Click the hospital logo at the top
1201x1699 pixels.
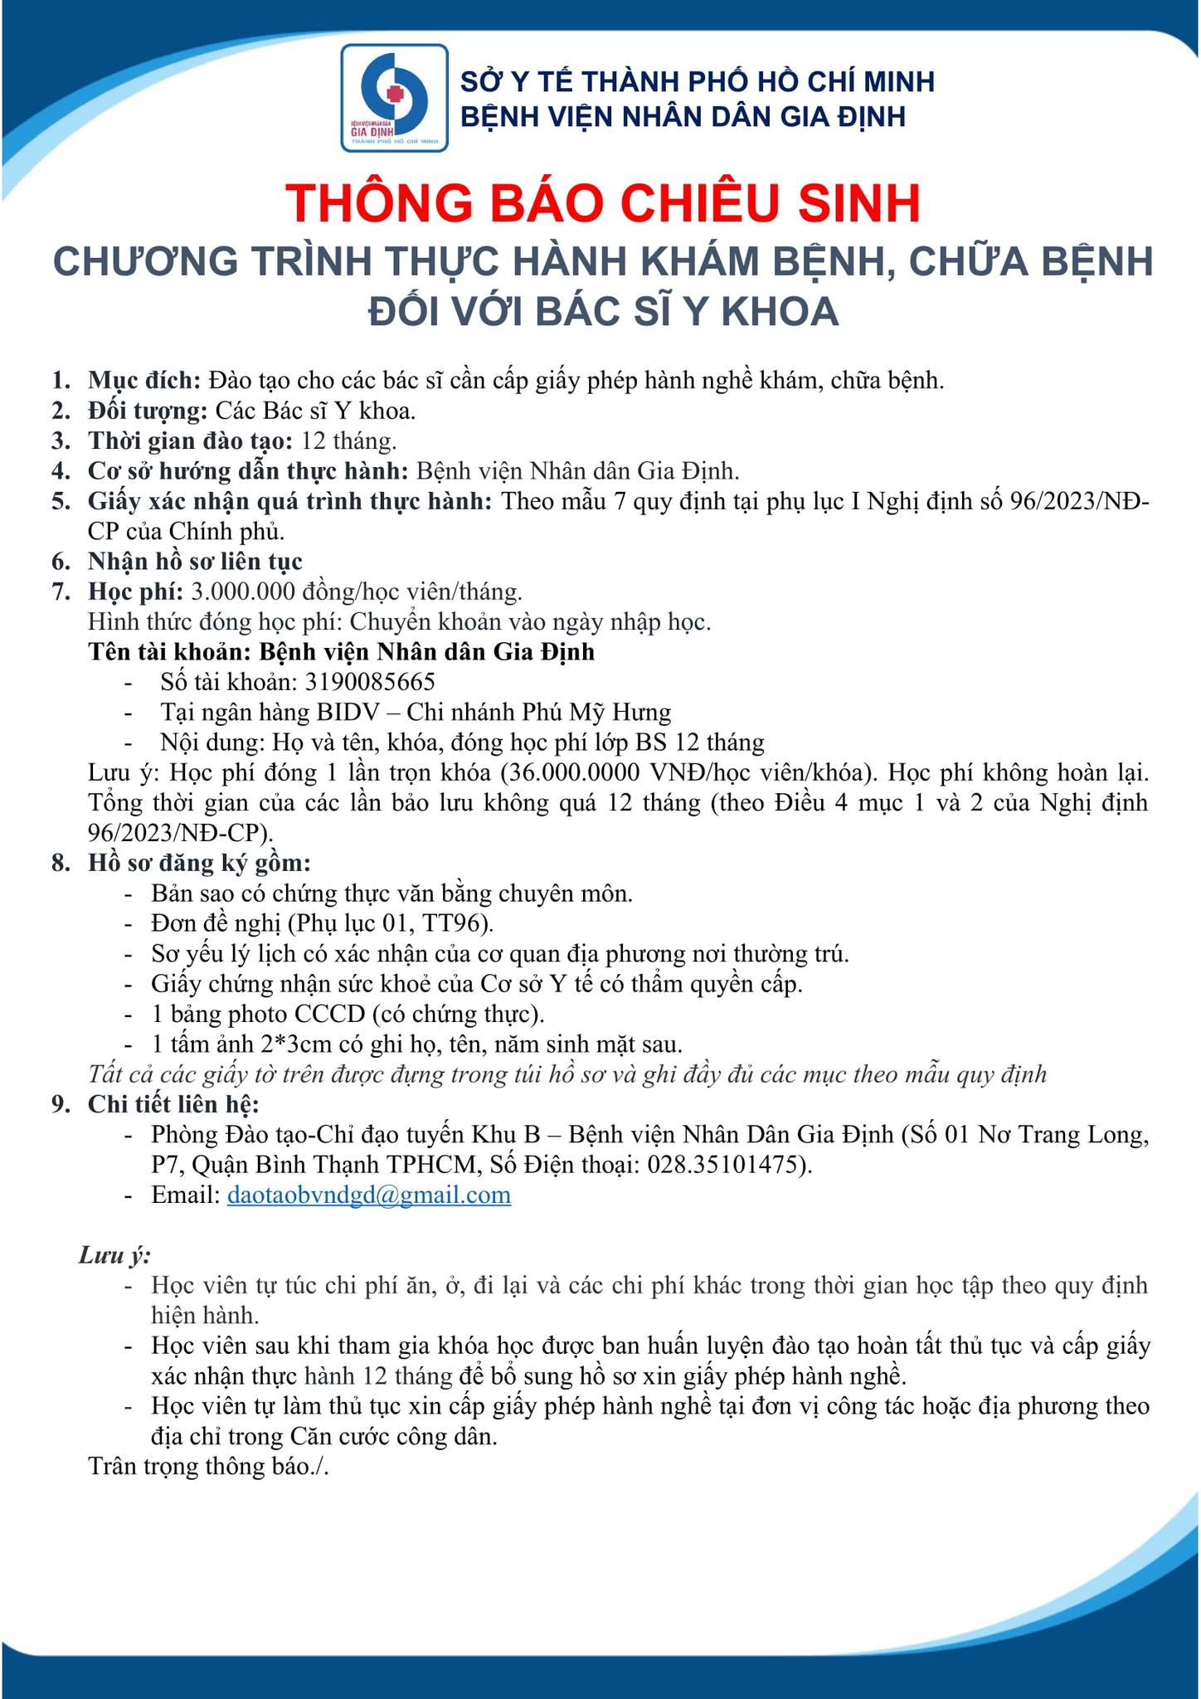click(394, 98)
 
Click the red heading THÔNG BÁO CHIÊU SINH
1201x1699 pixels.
click(603, 203)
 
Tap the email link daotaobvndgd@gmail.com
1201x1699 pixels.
click(369, 1195)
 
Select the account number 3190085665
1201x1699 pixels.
click(370, 682)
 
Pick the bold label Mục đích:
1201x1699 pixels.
click(144, 381)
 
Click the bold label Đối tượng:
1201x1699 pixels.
click(148, 411)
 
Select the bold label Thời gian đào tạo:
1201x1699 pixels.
click(191, 441)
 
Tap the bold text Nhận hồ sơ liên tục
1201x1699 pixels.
click(195, 562)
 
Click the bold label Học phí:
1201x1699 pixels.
click(135, 591)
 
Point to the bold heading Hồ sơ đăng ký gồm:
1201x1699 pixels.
click(199, 863)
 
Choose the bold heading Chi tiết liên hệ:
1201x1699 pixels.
click(173, 1104)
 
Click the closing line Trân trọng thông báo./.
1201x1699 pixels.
click(209, 1466)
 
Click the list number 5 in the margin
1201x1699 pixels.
click(61, 501)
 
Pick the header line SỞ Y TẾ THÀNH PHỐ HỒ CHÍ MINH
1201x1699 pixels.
click(698, 81)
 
